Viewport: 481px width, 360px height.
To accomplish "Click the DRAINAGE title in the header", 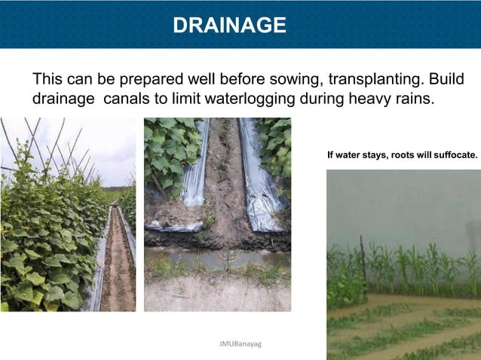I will [229, 26].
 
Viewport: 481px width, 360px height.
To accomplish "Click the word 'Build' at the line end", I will [444, 80].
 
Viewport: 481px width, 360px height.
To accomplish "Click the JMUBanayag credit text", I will [240, 343].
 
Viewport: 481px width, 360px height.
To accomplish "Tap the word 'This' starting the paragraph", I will [47, 80].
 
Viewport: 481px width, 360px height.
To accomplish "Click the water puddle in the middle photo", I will [219, 260].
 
